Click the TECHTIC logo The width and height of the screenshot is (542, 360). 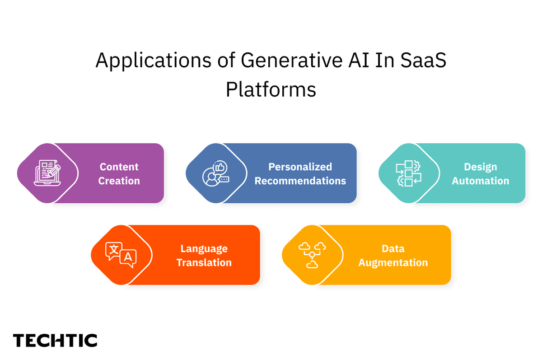[x=55, y=341]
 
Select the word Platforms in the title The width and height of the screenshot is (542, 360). [x=271, y=89]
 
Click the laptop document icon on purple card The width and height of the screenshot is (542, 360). [x=47, y=173]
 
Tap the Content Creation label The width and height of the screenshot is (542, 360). [x=119, y=173]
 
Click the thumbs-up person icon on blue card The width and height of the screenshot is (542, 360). [x=216, y=173]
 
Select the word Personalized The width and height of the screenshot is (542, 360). [x=300, y=167]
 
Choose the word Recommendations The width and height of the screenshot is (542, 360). [x=300, y=181]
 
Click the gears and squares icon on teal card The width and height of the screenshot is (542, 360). [x=408, y=173]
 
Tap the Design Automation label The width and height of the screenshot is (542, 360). [x=480, y=173]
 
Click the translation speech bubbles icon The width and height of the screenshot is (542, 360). [x=121, y=255]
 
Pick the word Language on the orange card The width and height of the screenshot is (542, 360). [x=204, y=248]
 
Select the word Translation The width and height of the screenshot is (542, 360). [x=204, y=262]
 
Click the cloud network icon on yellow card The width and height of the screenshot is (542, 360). [x=312, y=255]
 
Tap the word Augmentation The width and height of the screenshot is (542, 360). [x=393, y=262]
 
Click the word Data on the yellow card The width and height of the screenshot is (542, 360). [x=393, y=248]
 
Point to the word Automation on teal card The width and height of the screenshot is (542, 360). [x=480, y=181]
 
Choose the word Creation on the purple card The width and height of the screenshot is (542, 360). [x=119, y=181]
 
